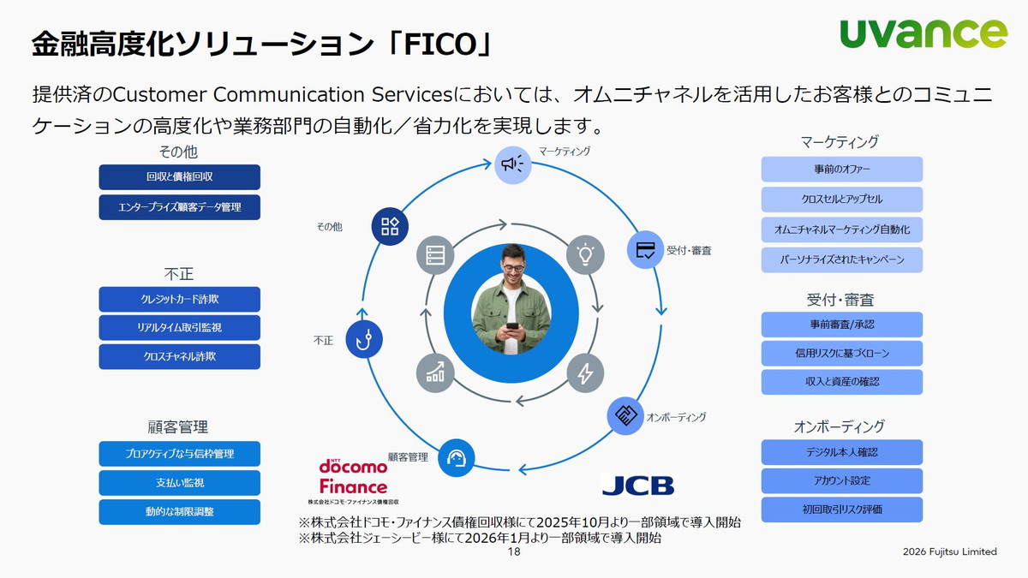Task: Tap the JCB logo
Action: (638, 484)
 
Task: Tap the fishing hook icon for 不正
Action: (364, 339)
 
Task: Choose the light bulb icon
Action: (586, 254)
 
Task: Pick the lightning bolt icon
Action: (586, 373)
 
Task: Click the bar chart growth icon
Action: (435, 373)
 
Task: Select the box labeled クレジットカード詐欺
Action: (179, 299)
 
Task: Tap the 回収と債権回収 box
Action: (179, 177)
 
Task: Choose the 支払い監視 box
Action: (179, 483)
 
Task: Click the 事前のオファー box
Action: (841, 170)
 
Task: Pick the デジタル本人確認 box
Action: (841, 452)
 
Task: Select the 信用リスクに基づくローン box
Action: (841, 353)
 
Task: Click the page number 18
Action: (514, 552)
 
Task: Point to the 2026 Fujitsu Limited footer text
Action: (949, 552)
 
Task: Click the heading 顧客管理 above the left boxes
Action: (178, 426)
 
